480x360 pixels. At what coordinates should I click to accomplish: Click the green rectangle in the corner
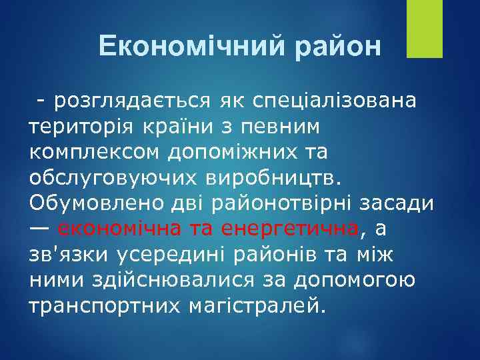[x=425, y=29]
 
